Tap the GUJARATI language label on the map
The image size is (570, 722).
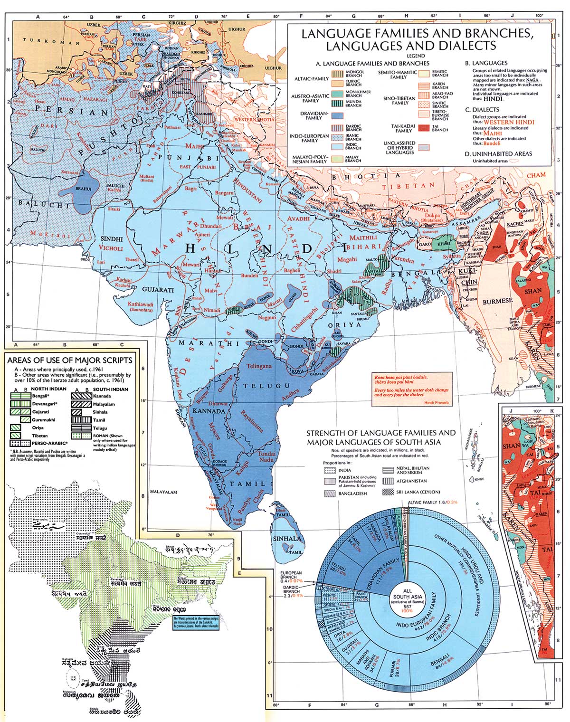(x=157, y=289)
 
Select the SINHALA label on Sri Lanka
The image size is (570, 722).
(x=287, y=539)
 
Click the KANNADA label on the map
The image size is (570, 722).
(x=209, y=410)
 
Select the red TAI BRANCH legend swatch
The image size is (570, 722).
(x=424, y=127)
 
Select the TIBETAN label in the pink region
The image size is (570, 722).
(x=418, y=185)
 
